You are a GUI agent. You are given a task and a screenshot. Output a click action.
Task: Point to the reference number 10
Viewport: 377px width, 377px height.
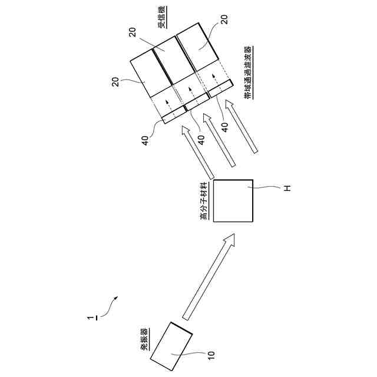(211, 355)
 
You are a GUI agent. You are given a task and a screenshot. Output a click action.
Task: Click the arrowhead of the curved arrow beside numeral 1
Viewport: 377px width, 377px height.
(118, 299)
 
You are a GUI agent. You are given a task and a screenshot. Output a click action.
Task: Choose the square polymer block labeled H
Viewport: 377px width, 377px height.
(233, 200)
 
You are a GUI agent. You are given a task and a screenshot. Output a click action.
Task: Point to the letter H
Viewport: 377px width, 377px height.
(287, 188)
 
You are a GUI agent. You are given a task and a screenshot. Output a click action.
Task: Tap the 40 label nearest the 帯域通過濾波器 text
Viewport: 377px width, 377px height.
(224, 125)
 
